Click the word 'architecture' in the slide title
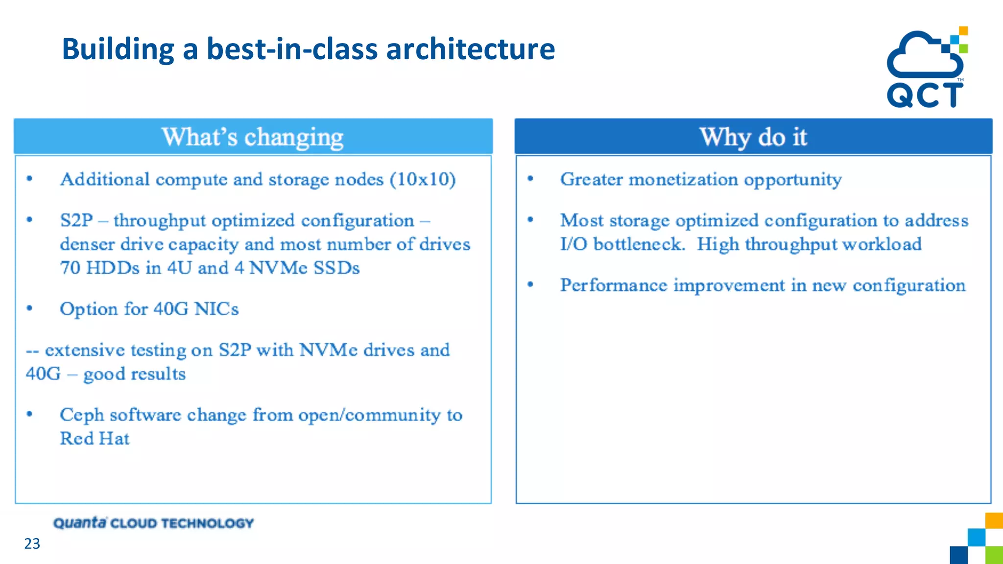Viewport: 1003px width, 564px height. click(470, 49)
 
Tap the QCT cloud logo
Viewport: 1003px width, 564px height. click(926, 68)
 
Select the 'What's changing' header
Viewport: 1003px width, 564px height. click(253, 137)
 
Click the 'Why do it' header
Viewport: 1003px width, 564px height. click(753, 137)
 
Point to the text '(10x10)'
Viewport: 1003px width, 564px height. click(423, 180)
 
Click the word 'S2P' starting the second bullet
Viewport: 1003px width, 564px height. click(76, 221)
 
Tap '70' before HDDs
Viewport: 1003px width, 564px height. click(70, 268)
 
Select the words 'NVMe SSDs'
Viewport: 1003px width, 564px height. click(304, 268)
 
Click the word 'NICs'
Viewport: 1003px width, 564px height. click(216, 309)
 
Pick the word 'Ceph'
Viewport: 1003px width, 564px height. click(82, 415)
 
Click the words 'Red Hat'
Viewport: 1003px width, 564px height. click(95, 439)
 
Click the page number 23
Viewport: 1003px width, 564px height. click(32, 544)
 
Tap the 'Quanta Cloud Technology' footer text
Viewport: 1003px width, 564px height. click(153, 523)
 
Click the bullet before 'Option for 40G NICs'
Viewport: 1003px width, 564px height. click(30, 308)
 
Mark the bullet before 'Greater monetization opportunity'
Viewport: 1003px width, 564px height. click(530, 179)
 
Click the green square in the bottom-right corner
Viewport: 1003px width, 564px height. click(994, 555)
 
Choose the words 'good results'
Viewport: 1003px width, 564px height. click(135, 375)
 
